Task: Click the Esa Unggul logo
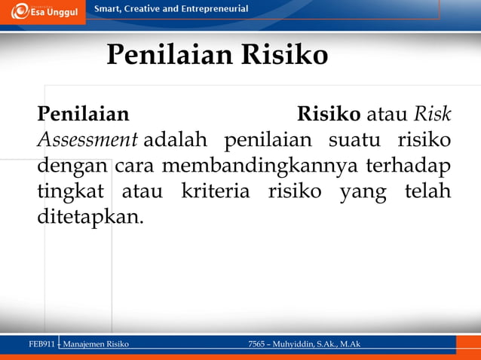coord(43,11)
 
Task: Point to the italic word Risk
coord(433,115)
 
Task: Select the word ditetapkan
coord(89,217)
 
